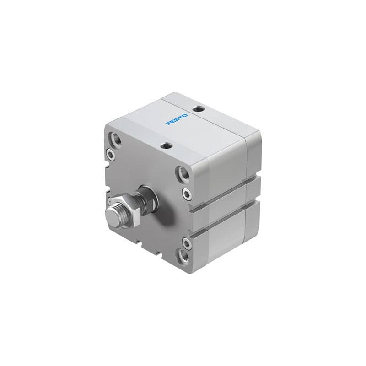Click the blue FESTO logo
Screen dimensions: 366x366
[177, 119]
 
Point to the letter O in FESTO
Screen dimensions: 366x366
[185, 116]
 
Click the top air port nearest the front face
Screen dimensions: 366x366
[167, 146]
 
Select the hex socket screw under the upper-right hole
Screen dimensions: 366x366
[187, 194]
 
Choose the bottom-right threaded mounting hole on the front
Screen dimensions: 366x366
[184, 254]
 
